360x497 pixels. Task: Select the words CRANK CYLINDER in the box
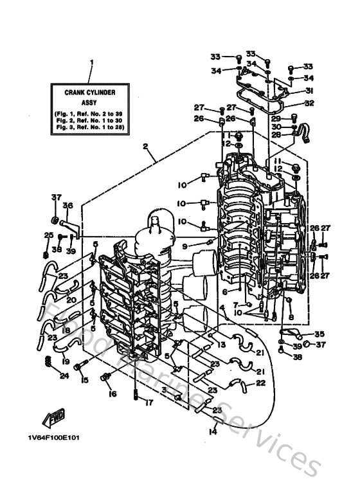pos(91,93)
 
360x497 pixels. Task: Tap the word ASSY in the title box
pos(91,102)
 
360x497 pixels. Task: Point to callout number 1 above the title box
pos(91,63)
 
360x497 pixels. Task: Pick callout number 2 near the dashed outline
pos(147,147)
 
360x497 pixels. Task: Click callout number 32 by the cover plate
pos(309,102)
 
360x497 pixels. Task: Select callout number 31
pos(309,91)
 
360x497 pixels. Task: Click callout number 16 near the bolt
pos(113,394)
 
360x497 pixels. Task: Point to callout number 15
pos(84,381)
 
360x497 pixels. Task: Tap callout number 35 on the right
pos(319,334)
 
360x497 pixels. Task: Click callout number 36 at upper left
pos(67,206)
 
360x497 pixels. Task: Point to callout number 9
pos(184,246)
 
